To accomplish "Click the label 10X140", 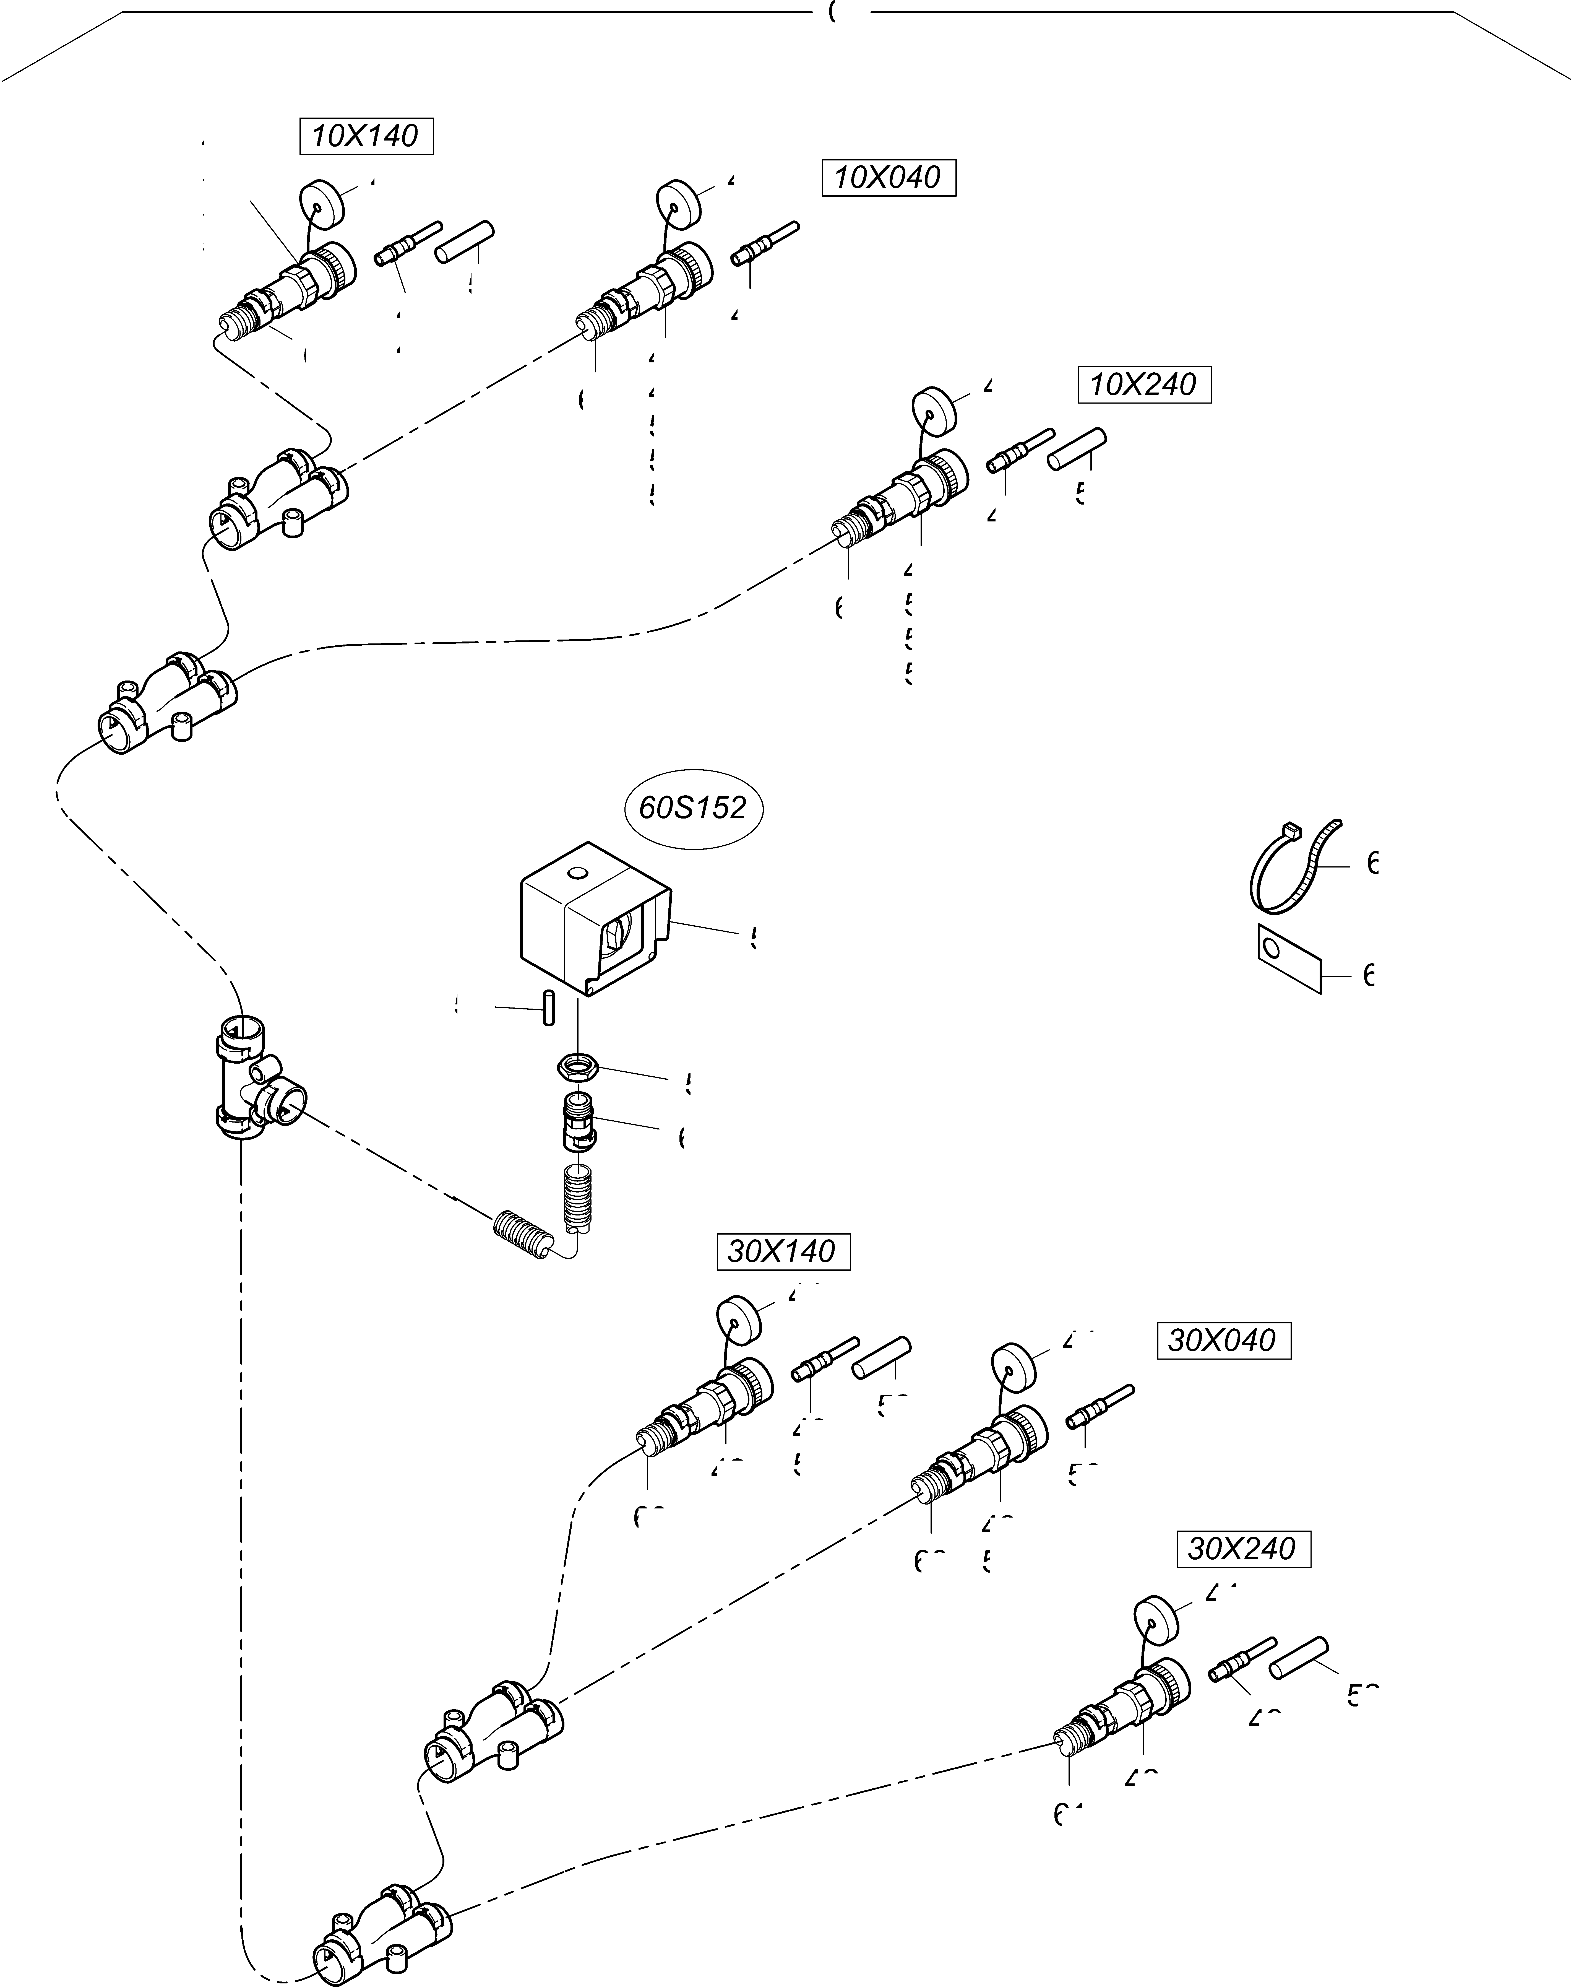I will tap(366, 136).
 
